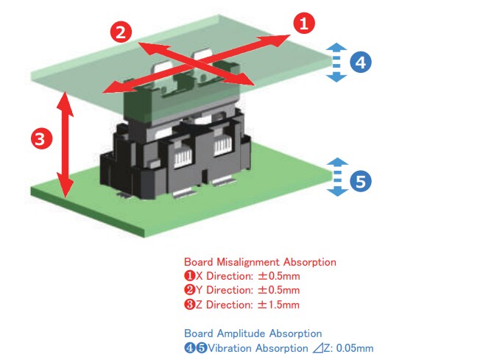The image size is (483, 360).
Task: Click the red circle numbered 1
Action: [x=303, y=23]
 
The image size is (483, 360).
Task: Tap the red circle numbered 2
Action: [x=121, y=32]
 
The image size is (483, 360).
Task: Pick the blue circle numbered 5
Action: [x=359, y=181]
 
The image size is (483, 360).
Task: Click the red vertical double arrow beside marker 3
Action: [x=66, y=144]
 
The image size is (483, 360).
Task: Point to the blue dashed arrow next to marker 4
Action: [x=336, y=62]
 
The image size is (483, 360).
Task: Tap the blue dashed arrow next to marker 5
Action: [x=336, y=177]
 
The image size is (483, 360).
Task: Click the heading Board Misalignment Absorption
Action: [x=260, y=262]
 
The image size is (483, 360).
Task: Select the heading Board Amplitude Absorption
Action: [x=253, y=333]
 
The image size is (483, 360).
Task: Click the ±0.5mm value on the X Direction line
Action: [x=279, y=276]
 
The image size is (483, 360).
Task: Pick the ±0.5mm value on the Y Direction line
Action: [x=279, y=290]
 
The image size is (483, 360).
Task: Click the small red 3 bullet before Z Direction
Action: [x=188, y=305]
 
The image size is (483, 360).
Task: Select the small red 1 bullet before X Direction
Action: [x=188, y=276]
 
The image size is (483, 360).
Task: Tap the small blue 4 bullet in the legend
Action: [x=188, y=347]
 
